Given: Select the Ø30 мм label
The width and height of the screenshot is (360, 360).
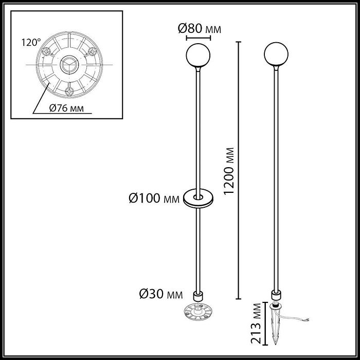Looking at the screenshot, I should coord(161,295).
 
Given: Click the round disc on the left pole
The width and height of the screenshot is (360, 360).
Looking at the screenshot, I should coord(197,197).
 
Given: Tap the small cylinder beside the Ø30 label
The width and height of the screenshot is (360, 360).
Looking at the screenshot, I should coord(197,296).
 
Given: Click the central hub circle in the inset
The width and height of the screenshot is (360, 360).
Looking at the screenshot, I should coord(68,65).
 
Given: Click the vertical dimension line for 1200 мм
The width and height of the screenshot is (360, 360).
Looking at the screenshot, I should coord(238,170).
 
